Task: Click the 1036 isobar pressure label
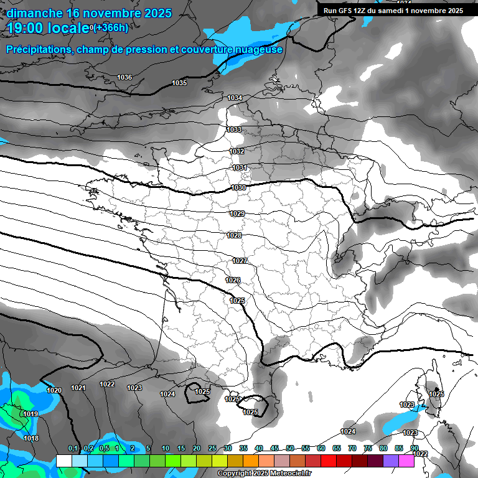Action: pyautogui.click(x=124, y=77)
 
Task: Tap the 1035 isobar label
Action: pyautogui.click(x=179, y=83)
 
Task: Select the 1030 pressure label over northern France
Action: pyautogui.click(x=238, y=187)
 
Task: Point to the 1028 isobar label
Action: pyautogui.click(x=234, y=235)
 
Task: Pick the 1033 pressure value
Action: pyautogui.click(x=234, y=129)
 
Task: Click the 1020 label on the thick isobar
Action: pyautogui.click(x=54, y=390)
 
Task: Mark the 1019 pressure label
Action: pyautogui.click(x=30, y=414)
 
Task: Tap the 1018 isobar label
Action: pyautogui.click(x=31, y=438)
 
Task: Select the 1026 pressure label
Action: pyautogui.click(x=233, y=280)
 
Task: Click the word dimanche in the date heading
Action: pyautogui.click(x=34, y=13)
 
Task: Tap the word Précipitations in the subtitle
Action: pyautogui.click(x=39, y=49)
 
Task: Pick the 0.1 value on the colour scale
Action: pyautogui.click(x=73, y=449)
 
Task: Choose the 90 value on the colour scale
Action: pyautogui.click(x=414, y=449)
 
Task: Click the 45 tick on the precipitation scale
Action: pyautogui.click(x=274, y=449)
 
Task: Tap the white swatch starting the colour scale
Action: pyautogui.click(x=63, y=461)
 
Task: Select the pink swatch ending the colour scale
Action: pyautogui.click(x=406, y=461)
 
